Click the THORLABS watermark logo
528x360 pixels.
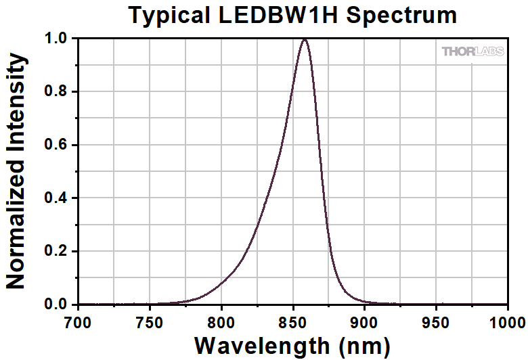coord(472,51)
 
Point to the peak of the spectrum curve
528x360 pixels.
coord(305,39)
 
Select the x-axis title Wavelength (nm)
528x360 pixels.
coord(292,344)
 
